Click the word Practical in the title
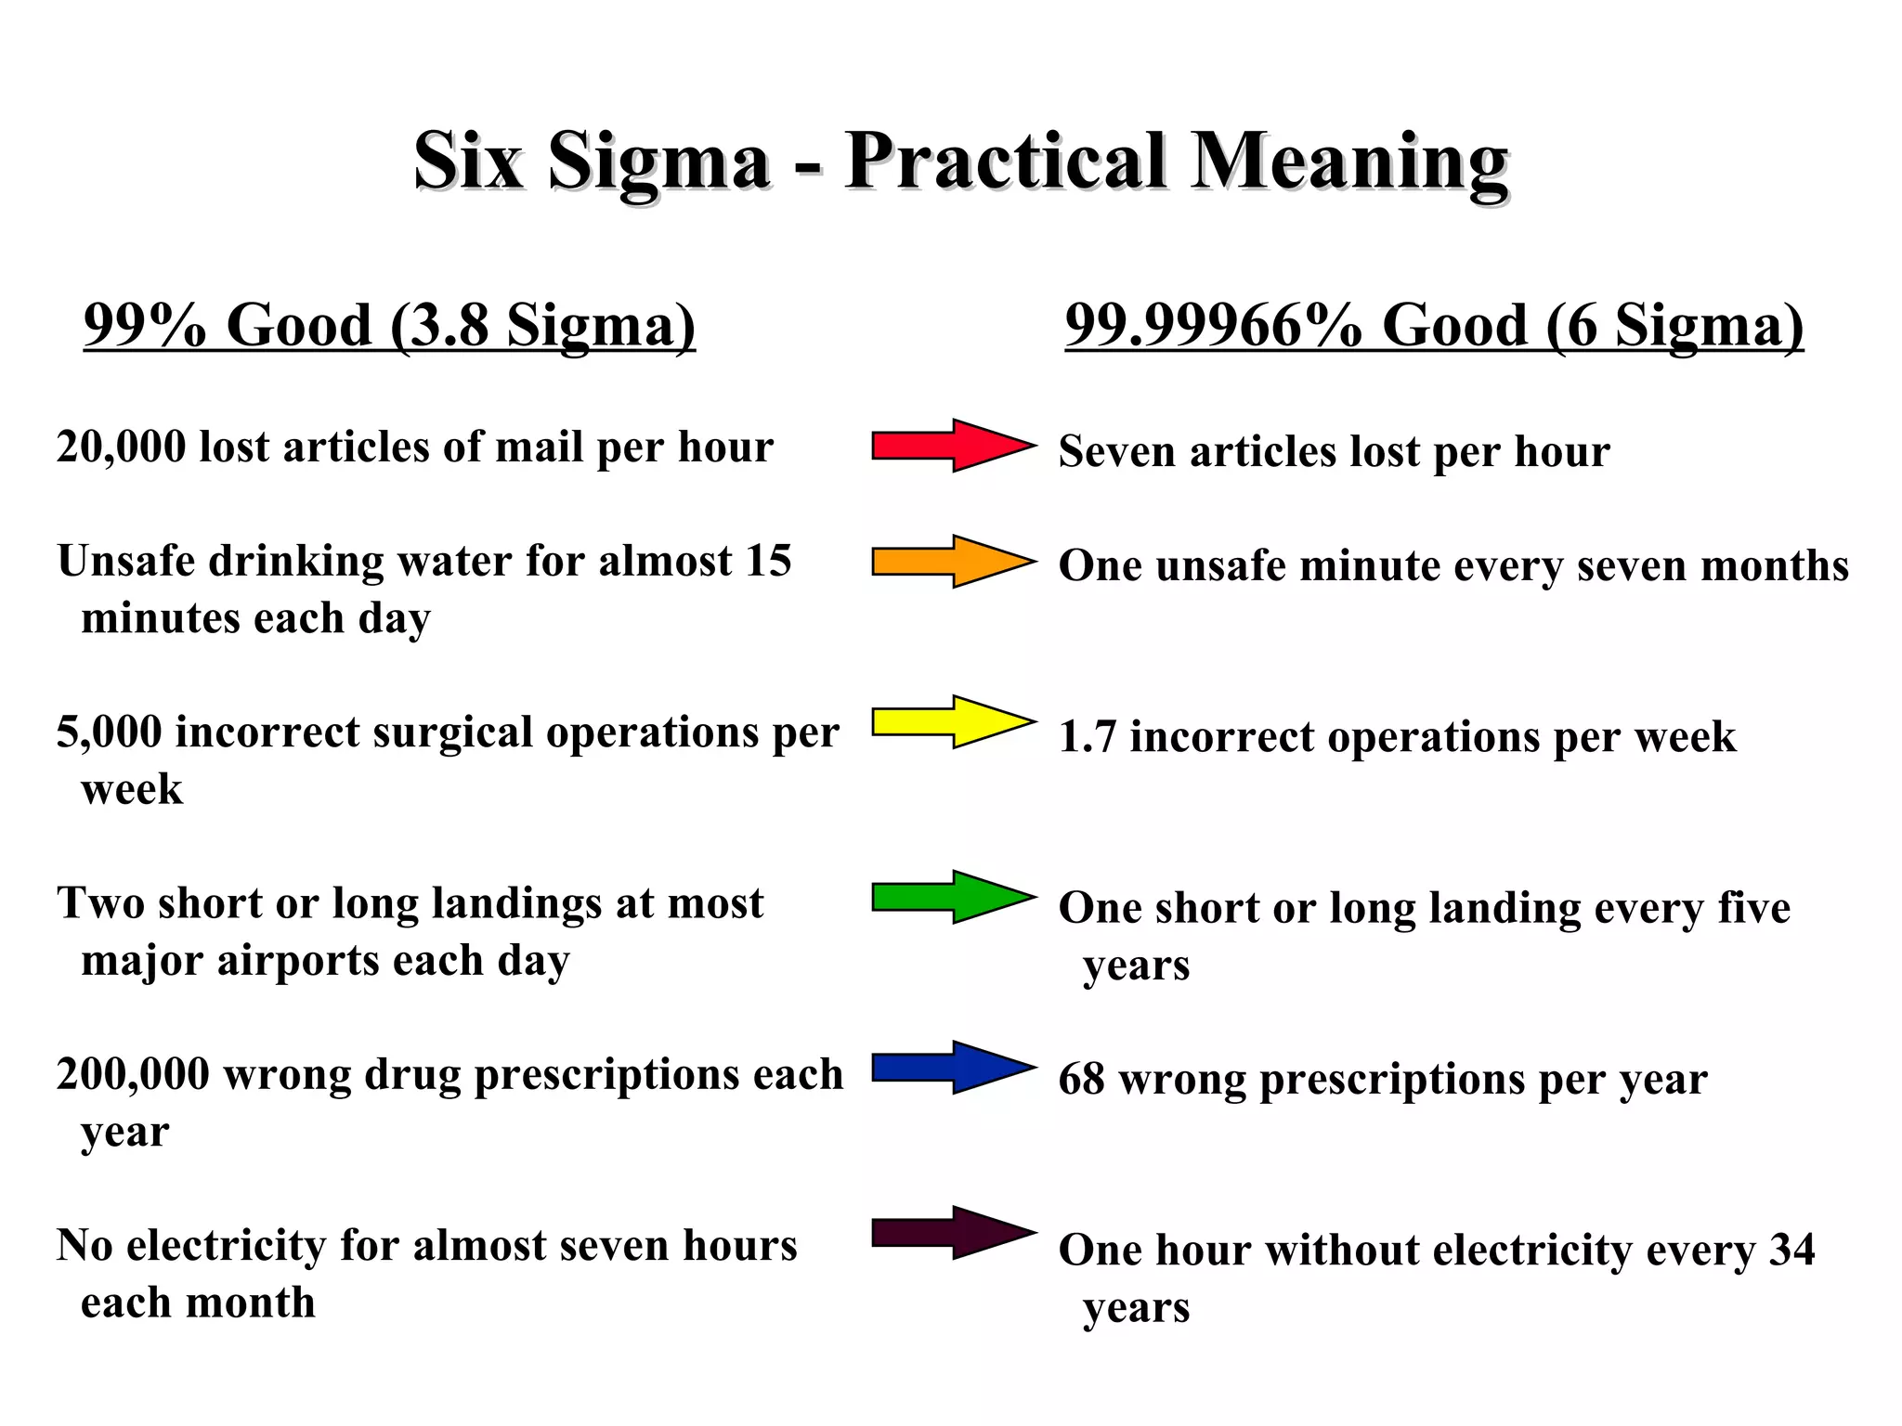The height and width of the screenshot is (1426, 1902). (x=1005, y=162)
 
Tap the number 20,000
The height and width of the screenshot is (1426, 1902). (x=121, y=447)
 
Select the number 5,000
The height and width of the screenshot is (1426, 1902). (x=109, y=732)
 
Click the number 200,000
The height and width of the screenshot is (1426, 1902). (x=133, y=1075)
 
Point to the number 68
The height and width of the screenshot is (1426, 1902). (x=1081, y=1080)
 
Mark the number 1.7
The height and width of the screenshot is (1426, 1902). (x=1087, y=737)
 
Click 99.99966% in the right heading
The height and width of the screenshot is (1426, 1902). (x=1213, y=326)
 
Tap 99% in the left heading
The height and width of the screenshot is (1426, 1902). (x=145, y=326)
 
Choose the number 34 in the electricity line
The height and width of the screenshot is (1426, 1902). (x=1791, y=1250)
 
